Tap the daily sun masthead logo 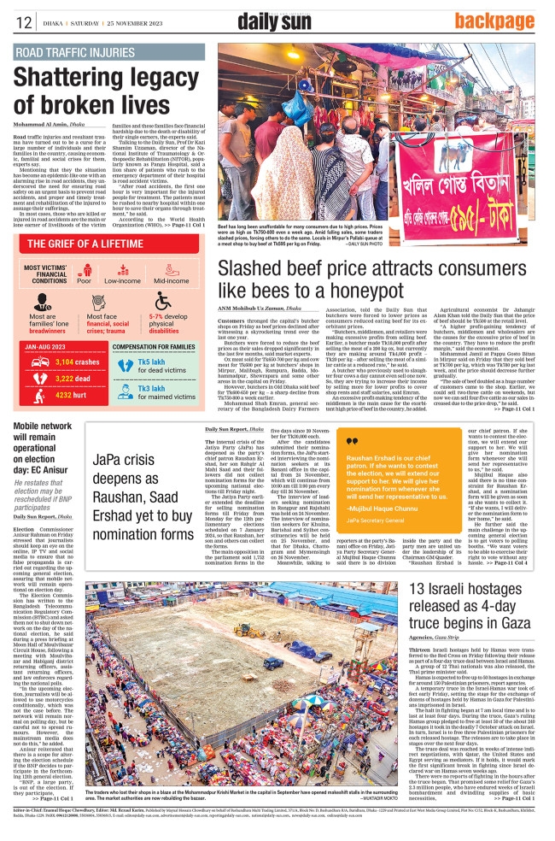[x=273, y=21]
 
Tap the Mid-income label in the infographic [x=171, y=280]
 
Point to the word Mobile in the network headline [x=31, y=426]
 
